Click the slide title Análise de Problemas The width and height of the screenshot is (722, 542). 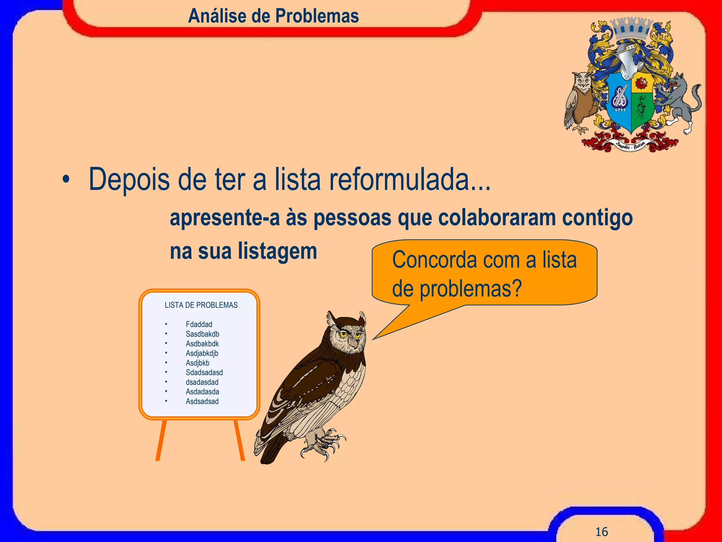tap(273, 16)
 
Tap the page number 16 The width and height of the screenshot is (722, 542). tap(601, 531)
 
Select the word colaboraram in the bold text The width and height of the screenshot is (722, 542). tap(497, 218)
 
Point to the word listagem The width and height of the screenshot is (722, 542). tap(277, 251)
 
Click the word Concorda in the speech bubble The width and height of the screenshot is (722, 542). tap(434, 260)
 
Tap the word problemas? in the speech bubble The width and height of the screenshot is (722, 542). tap(470, 289)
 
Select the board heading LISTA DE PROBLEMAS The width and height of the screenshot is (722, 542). tap(201, 305)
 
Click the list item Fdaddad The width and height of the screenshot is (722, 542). tap(199, 324)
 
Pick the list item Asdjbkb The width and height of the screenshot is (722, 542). tap(197, 363)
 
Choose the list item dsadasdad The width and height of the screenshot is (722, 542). tap(202, 382)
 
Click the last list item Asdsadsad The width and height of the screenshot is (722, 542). tap(202, 401)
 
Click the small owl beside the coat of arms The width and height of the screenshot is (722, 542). tap(580, 101)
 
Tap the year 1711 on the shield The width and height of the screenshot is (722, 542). tap(620, 110)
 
